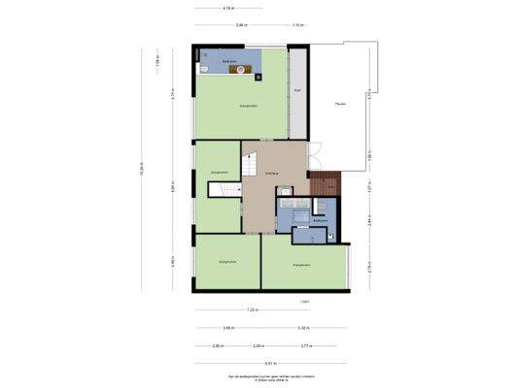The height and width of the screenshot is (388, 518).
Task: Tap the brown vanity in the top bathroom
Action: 234,70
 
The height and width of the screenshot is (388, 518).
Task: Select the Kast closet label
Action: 296,90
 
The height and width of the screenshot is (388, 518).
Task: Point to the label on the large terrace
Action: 340,104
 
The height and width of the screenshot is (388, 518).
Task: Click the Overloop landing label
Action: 273,173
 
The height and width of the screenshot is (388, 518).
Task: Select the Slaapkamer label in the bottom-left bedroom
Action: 227,261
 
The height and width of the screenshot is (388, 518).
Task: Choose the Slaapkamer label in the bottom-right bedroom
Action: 302,264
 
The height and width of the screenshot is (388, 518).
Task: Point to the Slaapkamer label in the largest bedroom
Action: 249,106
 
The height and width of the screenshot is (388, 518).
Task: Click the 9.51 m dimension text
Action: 257,363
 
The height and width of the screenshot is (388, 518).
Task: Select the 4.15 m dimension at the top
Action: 228,8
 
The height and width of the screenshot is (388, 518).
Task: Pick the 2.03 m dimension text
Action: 258,345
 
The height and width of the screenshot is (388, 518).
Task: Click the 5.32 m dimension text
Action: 303,328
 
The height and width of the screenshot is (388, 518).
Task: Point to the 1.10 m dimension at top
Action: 297,25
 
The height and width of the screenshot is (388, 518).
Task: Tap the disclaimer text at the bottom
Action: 259,377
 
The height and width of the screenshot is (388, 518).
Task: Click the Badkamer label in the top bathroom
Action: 229,61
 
